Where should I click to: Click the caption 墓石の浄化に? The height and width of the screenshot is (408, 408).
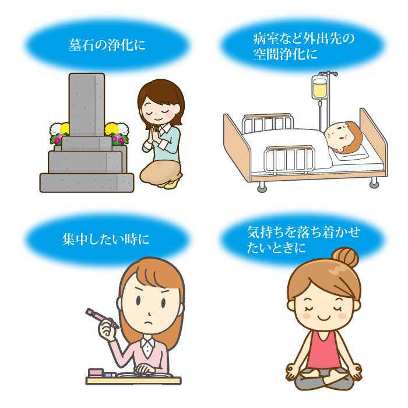pyautogui.click(x=107, y=44)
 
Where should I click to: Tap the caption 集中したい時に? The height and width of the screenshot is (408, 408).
pyautogui.click(x=105, y=239)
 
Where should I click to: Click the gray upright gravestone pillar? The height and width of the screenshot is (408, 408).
pyautogui.click(x=87, y=104)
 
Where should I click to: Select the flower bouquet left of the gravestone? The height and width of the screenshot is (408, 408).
pyautogui.click(x=59, y=133)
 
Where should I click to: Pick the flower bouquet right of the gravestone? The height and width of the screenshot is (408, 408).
pyautogui.click(x=117, y=133)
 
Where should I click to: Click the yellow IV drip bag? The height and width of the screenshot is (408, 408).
pyautogui.click(x=320, y=87)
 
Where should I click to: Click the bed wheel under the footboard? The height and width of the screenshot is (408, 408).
pyautogui.click(x=262, y=187)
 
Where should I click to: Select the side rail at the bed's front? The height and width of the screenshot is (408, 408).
pyautogui.click(x=289, y=159)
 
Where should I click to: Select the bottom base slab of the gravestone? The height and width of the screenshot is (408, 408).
pyautogui.click(x=87, y=183)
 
